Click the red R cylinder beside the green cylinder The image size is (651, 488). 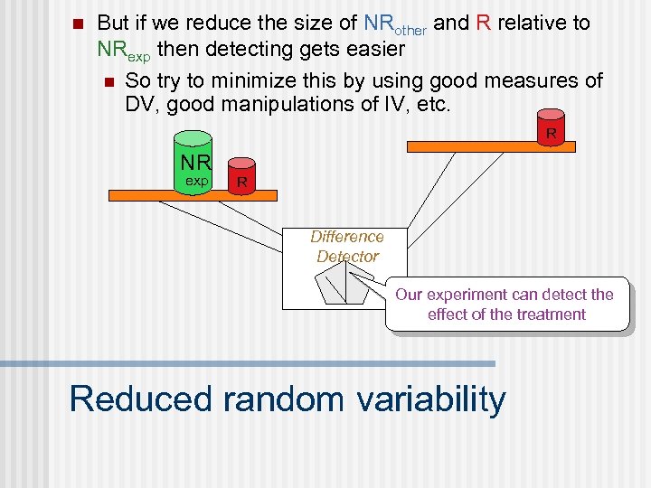coord(241,176)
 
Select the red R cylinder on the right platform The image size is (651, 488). coord(550,127)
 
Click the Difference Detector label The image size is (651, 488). coord(347,247)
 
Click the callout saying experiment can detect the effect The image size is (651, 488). coord(505,305)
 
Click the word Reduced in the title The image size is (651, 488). coord(138,399)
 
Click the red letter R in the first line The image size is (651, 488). coord(483,23)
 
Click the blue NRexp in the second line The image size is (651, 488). coord(124,50)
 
